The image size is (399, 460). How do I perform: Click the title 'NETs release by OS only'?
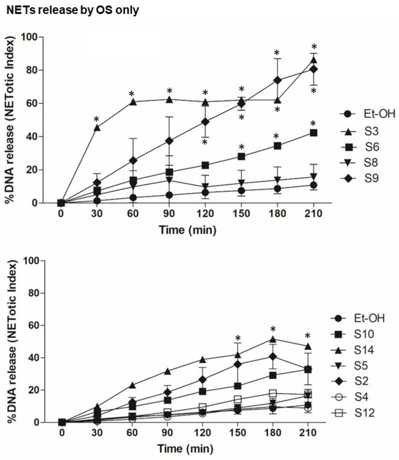pyautogui.click(x=72, y=10)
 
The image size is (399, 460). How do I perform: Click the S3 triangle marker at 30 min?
pyautogui.click(x=97, y=128)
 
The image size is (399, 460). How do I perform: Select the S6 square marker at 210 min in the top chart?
pyautogui.click(x=313, y=133)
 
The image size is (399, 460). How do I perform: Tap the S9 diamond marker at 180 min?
pyautogui.click(x=277, y=80)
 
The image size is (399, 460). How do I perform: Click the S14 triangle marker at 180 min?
pyautogui.click(x=273, y=339)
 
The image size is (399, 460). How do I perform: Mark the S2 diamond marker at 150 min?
pyautogui.click(x=237, y=365)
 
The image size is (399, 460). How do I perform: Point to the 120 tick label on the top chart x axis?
pyautogui.click(x=205, y=214)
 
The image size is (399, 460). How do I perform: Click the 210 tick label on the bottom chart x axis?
pyautogui.click(x=308, y=433)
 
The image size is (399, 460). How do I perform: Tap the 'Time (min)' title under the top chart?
pyautogui.click(x=187, y=230)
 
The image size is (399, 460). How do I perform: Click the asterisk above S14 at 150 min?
pyautogui.click(x=238, y=338)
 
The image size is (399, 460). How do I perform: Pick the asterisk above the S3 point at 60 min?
pyautogui.click(x=131, y=94)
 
